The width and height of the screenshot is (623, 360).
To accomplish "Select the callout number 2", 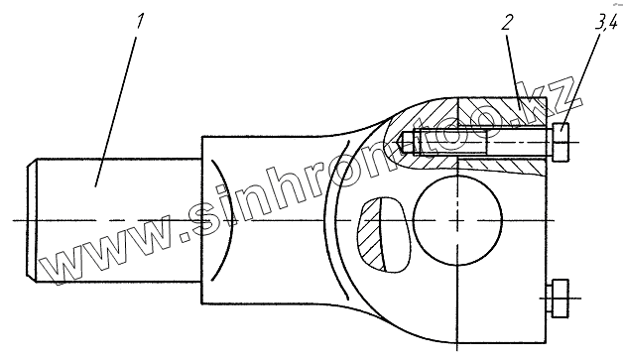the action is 506,23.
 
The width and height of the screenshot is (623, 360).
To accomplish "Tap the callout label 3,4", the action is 606,25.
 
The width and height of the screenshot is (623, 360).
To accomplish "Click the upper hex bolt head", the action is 561,142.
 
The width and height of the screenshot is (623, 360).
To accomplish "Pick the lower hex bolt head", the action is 561,299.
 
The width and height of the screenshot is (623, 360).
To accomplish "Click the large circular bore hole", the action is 457,220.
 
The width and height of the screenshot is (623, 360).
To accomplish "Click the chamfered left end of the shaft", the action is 32,220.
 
